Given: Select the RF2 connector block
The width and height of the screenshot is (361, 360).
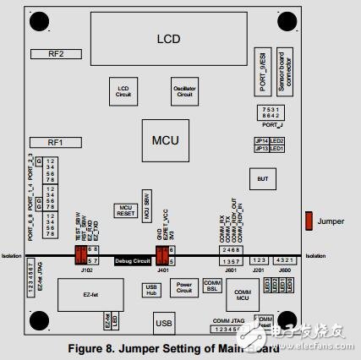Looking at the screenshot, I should pos(56,53).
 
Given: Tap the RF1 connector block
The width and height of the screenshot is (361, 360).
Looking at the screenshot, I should pos(56,143).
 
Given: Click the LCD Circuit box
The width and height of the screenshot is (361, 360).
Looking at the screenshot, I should pos(122,91).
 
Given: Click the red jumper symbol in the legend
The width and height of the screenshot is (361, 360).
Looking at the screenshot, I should pos(309,221).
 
